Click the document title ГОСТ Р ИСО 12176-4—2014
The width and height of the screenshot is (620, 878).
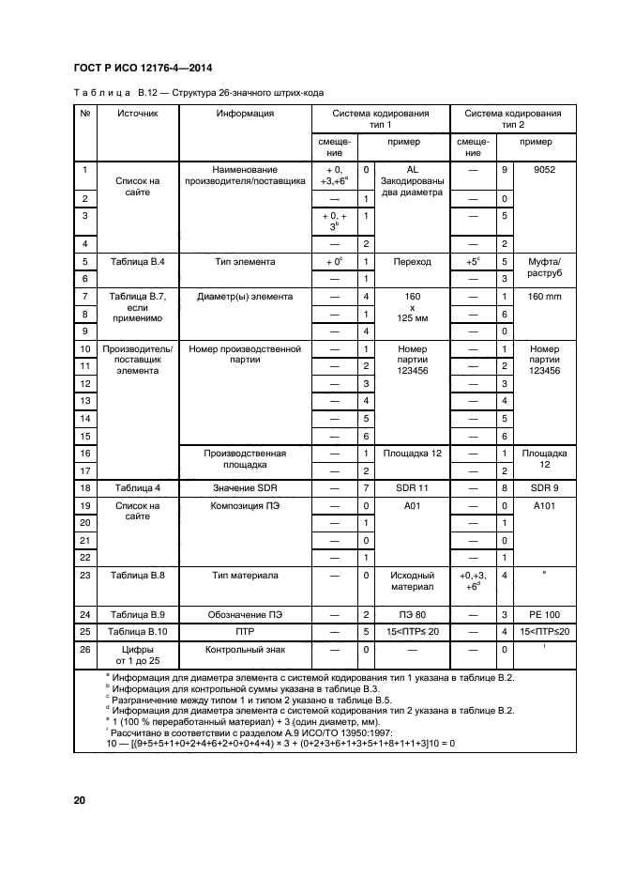pos(141,68)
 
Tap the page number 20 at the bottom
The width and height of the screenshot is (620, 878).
pos(79,800)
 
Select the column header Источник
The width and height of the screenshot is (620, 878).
pos(138,114)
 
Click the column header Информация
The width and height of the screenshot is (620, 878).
pos(245,114)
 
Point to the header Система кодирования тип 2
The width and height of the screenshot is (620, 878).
pos(513,119)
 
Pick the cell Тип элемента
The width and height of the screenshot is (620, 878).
pos(245,262)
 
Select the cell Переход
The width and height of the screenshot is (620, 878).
pos(409,262)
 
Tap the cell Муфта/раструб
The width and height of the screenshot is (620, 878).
pos(543,270)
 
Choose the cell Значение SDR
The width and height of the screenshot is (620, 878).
pos(245,488)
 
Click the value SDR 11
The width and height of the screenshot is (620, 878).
pos(409,488)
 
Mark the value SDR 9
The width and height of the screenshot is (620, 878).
pos(543,488)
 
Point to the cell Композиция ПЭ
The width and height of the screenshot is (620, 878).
pos(245,506)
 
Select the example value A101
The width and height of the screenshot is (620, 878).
pos(543,506)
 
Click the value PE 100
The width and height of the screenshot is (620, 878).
pos(543,614)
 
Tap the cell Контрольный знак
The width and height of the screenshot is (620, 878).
pos(245,650)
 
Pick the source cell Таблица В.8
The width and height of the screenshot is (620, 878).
pos(138,574)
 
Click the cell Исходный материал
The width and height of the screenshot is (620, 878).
pos(409,580)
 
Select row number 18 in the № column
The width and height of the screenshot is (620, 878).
pos(85,488)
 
